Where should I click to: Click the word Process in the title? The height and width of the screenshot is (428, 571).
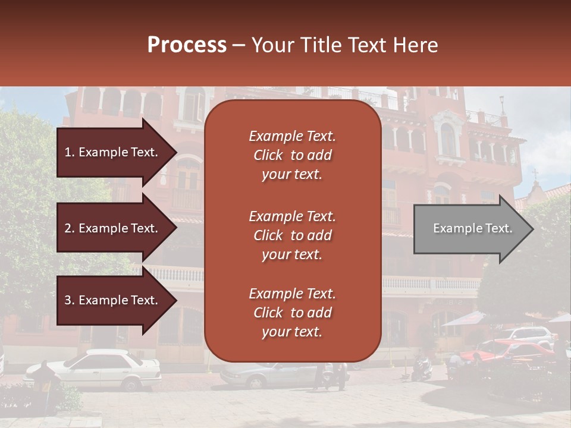coord(187,45)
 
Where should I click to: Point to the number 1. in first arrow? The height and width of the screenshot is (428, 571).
coord(70,152)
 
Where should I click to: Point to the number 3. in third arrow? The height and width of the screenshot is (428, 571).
coord(70,300)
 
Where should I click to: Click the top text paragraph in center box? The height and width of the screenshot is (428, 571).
coord(292,155)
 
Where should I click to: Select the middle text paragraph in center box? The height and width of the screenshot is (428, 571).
coord(292,235)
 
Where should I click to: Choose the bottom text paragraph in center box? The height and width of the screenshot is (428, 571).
coord(292,313)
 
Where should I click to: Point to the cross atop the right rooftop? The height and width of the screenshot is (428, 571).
coord(535,174)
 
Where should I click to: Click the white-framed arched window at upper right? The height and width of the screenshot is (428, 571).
coord(448,138)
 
